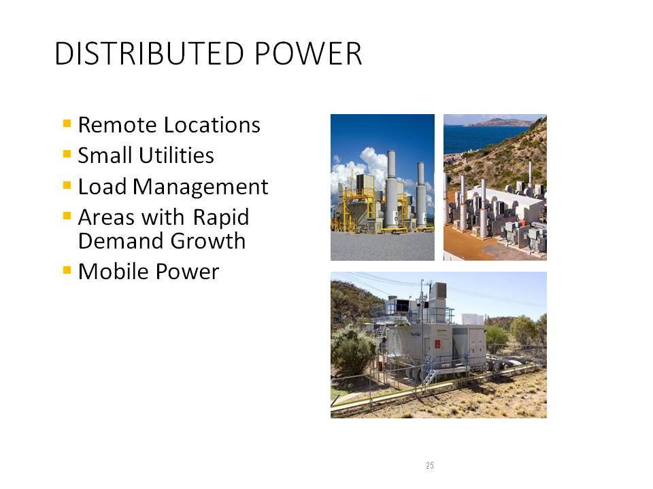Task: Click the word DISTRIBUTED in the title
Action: click(x=149, y=54)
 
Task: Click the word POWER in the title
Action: click(x=308, y=54)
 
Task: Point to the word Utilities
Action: click(x=176, y=156)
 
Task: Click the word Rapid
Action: click(x=221, y=217)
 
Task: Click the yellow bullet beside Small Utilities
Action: click(x=67, y=154)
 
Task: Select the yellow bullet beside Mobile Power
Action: click(x=67, y=270)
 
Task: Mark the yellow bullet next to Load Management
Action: click(x=67, y=185)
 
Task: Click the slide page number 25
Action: click(x=430, y=465)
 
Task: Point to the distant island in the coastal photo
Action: click(x=500, y=122)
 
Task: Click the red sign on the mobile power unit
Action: click(x=437, y=344)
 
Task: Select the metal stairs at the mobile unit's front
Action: click(x=430, y=377)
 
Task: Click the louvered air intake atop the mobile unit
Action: click(x=439, y=289)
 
